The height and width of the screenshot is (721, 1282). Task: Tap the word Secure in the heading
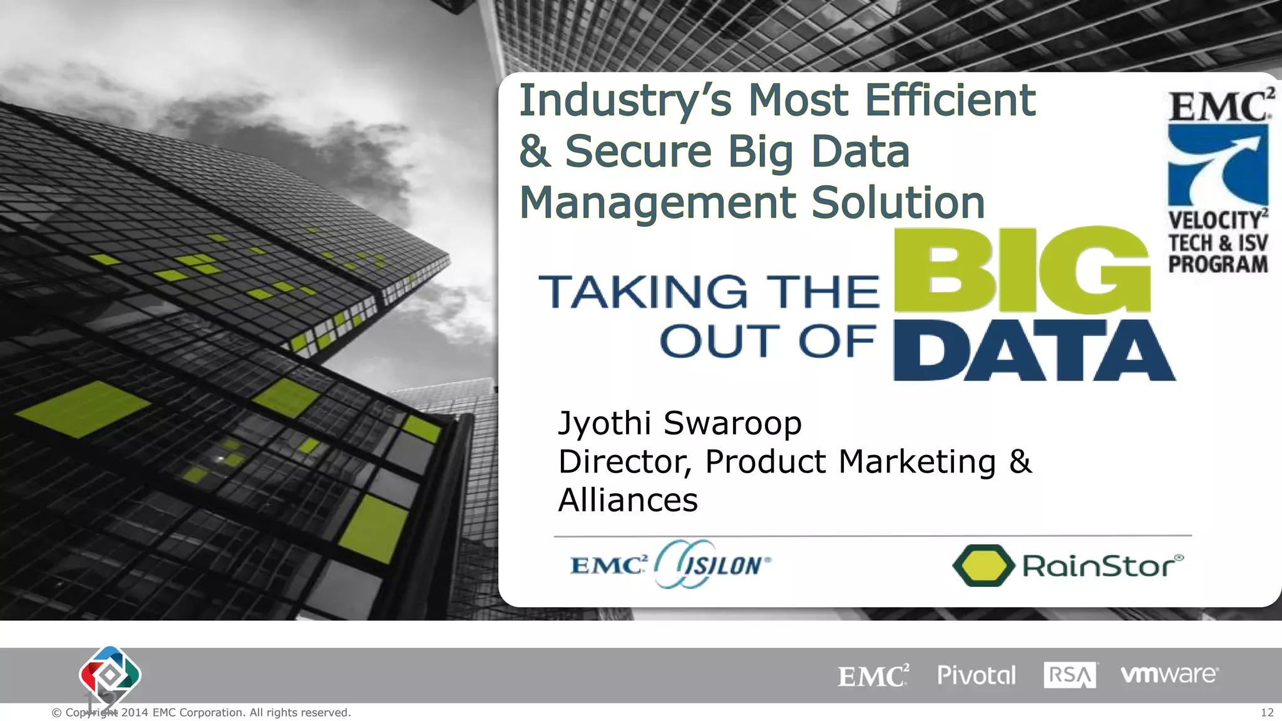[638, 151]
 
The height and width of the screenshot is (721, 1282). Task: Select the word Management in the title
[657, 203]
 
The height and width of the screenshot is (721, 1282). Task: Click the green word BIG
[1022, 270]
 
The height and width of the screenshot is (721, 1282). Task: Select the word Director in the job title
[624, 462]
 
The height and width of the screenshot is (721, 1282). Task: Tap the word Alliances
[628, 501]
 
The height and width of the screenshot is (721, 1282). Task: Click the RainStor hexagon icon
[983, 566]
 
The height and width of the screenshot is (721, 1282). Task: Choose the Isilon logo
[714, 565]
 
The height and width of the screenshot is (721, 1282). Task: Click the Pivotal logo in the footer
[976, 675]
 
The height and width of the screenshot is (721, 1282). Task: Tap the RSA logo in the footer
[1070, 675]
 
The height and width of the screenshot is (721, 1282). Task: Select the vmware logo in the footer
[1169, 675]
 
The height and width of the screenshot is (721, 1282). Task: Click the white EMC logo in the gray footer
[873, 676]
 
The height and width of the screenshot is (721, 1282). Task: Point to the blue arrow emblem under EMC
[1218, 165]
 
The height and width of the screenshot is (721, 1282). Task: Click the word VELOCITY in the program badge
[1214, 220]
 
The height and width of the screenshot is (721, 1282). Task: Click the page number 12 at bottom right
[1267, 713]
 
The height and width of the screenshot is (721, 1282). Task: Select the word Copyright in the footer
[91, 713]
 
